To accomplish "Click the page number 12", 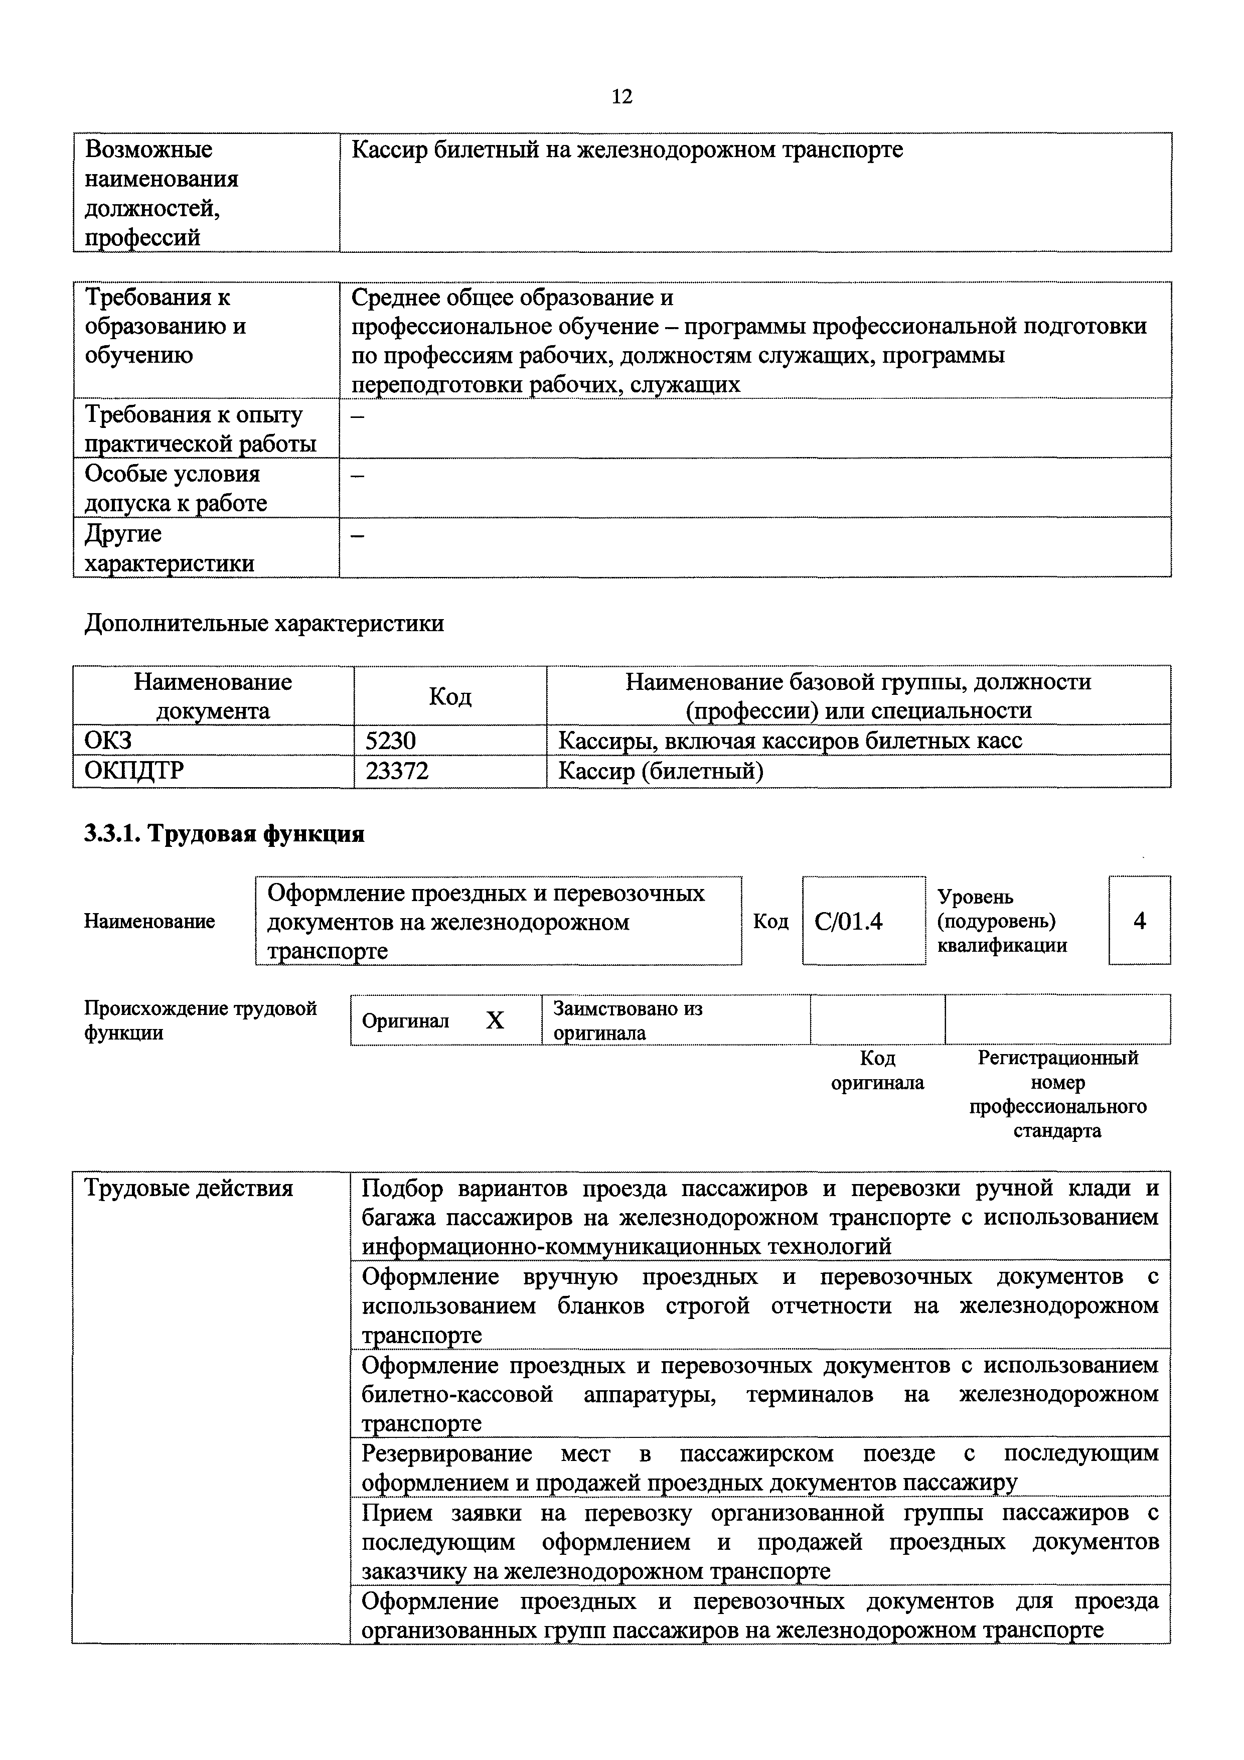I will click(621, 97).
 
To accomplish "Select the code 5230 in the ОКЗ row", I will click(390, 741).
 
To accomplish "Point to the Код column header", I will click(450, 696).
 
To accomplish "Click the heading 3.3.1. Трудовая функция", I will click(224, 833).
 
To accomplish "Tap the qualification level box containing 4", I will click(1139, 921).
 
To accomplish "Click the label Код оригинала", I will click(878, 1070).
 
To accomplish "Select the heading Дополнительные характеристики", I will click(264, 623).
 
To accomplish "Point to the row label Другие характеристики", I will click(169, 548).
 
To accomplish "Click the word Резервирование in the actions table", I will click(447, 1453).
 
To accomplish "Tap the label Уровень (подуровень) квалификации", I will click(1002, 921).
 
